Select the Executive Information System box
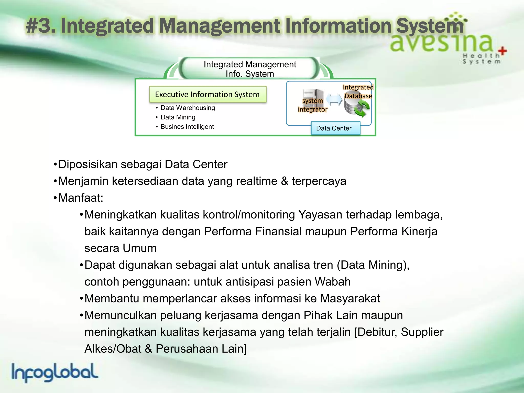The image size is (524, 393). (208, 94)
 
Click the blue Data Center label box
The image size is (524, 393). (335, 128)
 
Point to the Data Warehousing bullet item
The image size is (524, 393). (188, 108)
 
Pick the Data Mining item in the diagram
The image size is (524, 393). (178, 117)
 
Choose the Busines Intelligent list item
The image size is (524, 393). (187, 127)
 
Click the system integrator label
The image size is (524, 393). (312, 105)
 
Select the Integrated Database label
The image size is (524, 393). (358, 92)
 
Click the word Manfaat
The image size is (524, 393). (80, 198)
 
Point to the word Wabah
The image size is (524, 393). (332, 282)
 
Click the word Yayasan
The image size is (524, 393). (320, 215)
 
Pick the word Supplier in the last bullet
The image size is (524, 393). (422, 332)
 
